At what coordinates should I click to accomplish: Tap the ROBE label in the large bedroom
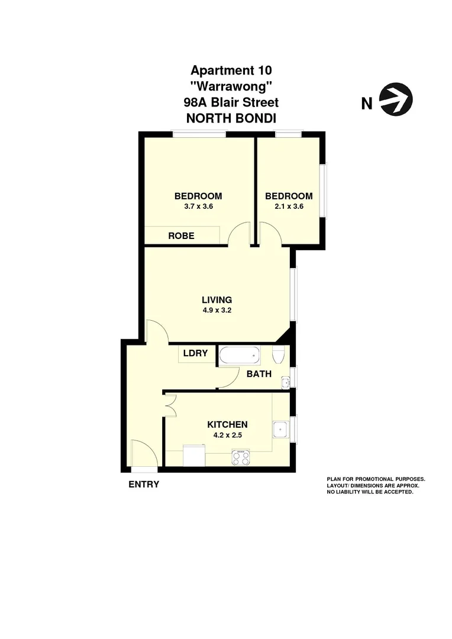181,235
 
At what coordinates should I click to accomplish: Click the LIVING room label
217,299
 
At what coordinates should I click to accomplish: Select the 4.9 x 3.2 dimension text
217,309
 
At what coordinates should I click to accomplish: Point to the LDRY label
195,353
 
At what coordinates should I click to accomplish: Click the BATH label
259,374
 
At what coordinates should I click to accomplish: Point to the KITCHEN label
227,424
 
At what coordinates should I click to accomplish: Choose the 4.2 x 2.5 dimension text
227,435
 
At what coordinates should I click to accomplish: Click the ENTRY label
144,484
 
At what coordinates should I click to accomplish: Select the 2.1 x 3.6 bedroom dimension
289,206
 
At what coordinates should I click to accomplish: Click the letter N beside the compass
367,104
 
